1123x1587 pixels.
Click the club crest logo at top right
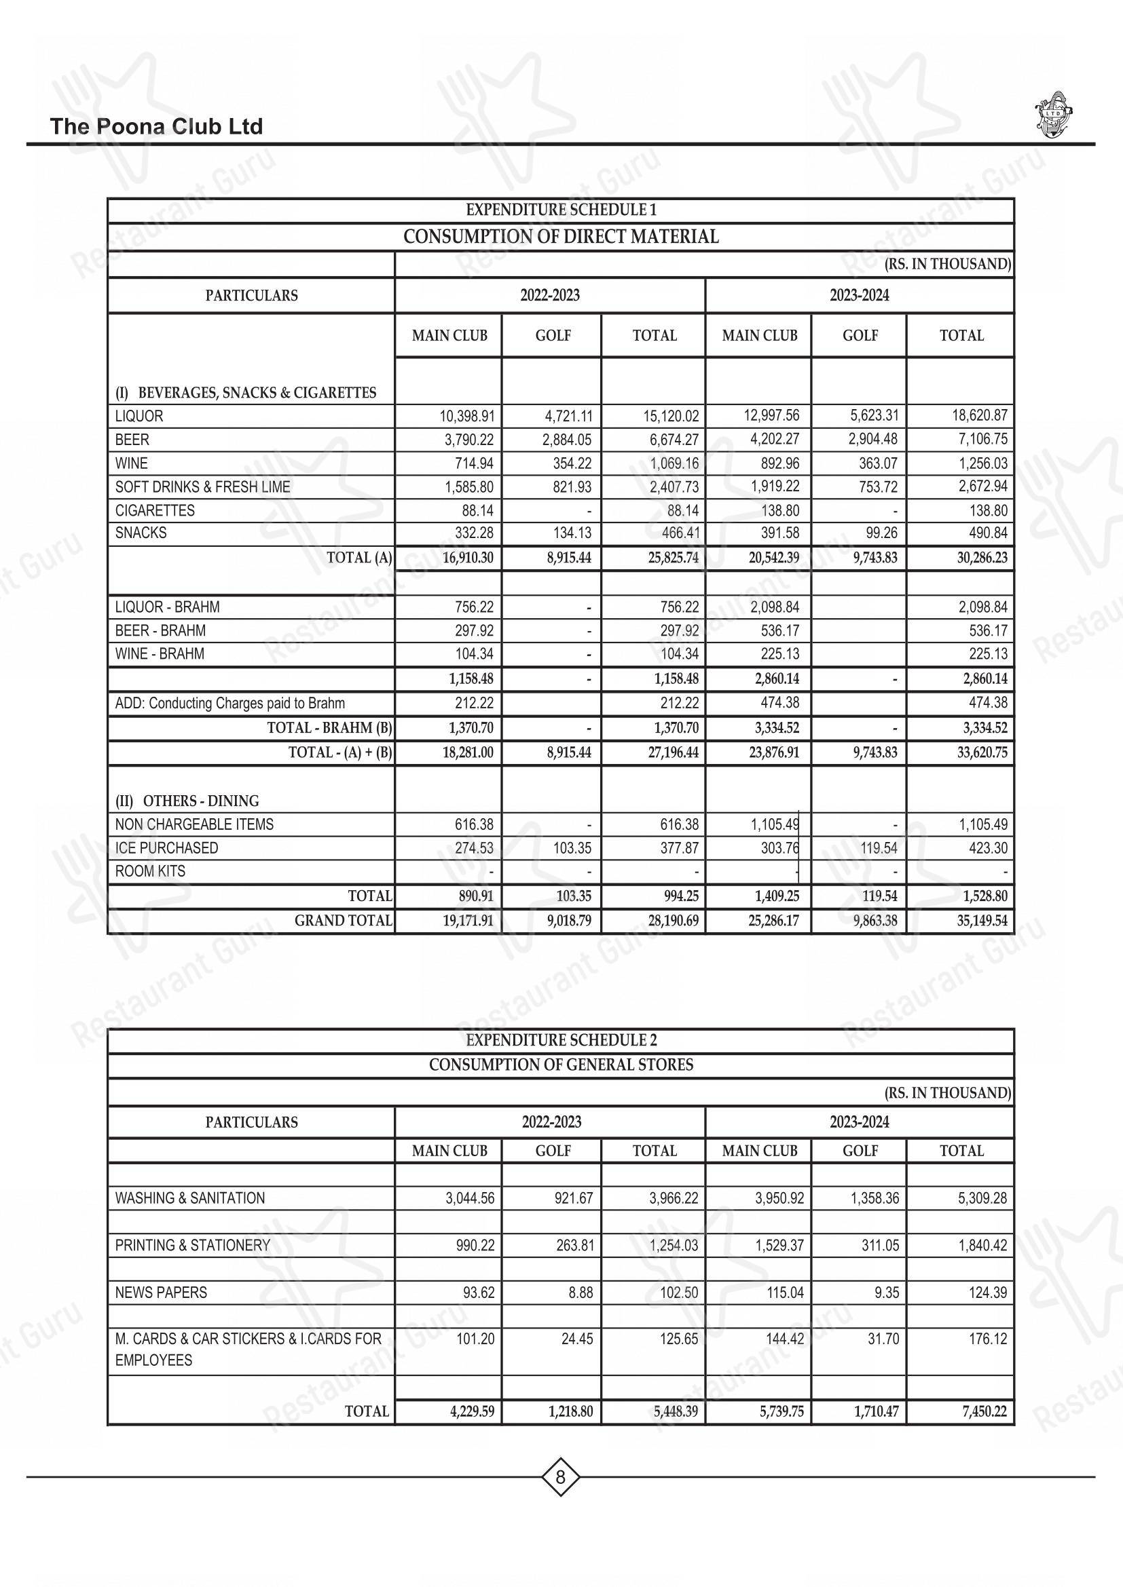tap(1054, 114)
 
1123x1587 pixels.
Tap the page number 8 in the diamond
tap(560, 1477)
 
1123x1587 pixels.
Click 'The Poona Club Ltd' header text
tap(156, 126)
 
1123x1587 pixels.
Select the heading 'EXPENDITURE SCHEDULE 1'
tap(561, 210)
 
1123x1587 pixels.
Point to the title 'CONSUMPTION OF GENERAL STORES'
tap(561, 1065)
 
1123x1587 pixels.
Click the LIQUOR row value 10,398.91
tap(466, 416)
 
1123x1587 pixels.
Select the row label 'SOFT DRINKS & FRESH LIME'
tap(202, 486)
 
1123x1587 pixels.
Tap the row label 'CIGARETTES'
tap(155, 510)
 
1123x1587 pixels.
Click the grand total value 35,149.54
tap(982, 921)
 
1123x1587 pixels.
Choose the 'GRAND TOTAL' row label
tap(343, 921)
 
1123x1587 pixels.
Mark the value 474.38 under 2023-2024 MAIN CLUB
tap(780, 703)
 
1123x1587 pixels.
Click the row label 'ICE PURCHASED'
tap(166, 847)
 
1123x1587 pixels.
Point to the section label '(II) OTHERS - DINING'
tap(187, 801)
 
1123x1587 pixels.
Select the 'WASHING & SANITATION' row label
tap(190, 1198)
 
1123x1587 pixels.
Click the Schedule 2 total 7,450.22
tap(984, 1411)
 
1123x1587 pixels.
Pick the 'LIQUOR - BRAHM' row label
tap(167, 607)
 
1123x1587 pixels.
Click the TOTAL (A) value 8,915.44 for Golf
tap(568, 558)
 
